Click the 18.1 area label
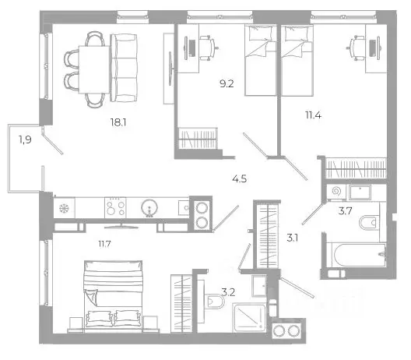click(x=118, y=122)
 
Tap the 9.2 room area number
click(x=227, y=84)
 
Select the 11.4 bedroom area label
click(x=313, y=115)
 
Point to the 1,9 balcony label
click(x=25, y=139)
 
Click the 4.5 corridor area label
click(x=240, y=179)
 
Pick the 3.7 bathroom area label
click(x=345, y=210)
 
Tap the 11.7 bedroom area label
click(x=104, y=244)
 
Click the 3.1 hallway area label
click(x=292, y=238)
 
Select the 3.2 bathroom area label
click(x=228, y=292)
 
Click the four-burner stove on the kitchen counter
click(x=115, y=207)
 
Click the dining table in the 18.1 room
click(x=94, y=69)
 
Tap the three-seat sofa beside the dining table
click(x=124, y=68)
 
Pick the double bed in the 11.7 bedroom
click(x=113, y=295)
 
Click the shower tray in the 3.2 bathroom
click(x=249, y=317)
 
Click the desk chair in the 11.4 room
click(x=357, y=48)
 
